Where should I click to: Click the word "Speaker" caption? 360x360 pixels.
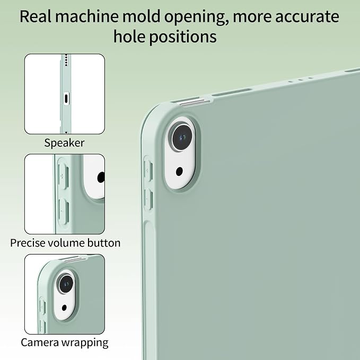pyautogui.click(x=64, y=143)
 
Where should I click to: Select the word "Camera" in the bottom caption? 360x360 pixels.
pyautogui.click(x=40, y=343)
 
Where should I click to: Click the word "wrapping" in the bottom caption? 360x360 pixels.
pyautogui.click(x=85, y=343)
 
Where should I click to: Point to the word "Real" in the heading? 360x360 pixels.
pyautogui.click(x=36, y=16)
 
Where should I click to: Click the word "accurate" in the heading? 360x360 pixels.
pyautogui.click(x=307, y=17)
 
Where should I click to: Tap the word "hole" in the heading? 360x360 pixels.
pyautogui.click(x=129, y=36)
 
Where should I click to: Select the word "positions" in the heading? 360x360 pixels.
pyautogui.click(x=183, y=37)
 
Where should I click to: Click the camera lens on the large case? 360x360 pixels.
pyautogui.click(x=182, y=137)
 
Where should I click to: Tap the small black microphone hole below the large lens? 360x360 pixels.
pyautogui.click(x=179, y=171)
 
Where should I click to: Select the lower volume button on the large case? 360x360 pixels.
pyautogui.click(x=148, y=199)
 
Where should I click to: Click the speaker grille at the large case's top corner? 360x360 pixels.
pyautogui.click(x=195, y=102)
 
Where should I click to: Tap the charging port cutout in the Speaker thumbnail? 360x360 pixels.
pyautogui.click(x=66, y=99)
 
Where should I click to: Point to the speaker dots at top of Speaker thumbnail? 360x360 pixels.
pyautogui.click(x=66, y=60)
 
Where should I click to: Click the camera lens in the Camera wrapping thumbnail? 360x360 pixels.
pyautogui.click(x=66, y=284)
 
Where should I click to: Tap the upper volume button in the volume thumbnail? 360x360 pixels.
pyautogui.click(x=63, y=177)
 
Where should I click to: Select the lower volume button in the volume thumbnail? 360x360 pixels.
pyautogui.click(x=64, y=211)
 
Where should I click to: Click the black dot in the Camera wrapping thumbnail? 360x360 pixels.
pyautogui.click(x=64, y=308)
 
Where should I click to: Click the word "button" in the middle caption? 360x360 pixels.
pyautogui.click(x=104, y=243)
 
